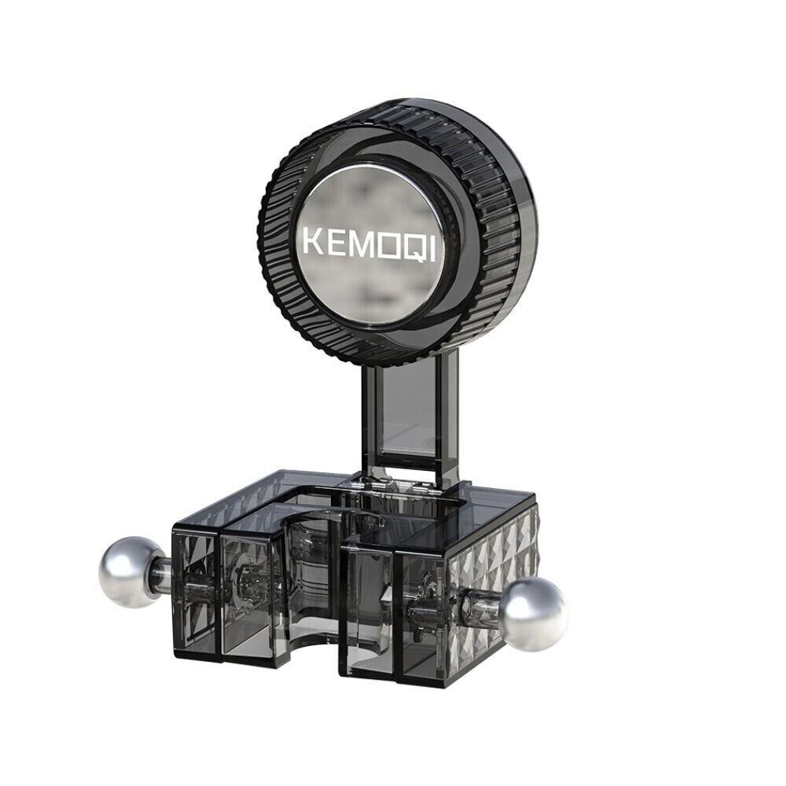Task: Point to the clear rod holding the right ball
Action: (481, 606)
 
